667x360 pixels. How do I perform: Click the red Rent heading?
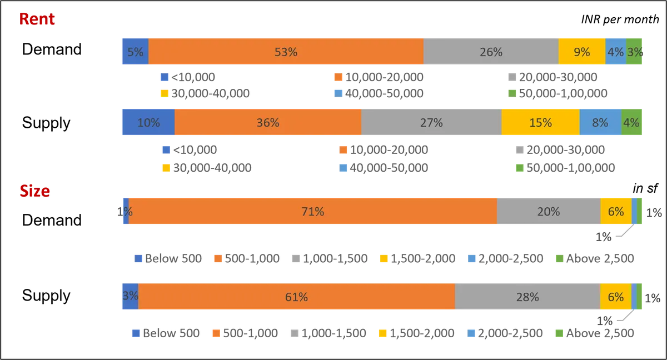click(37, 19)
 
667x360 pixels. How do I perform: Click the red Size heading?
click(34, 192)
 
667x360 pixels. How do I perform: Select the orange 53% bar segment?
click(286, 52)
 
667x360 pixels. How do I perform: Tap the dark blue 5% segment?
click(135, 52)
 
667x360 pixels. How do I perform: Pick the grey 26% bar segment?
click(491, 52)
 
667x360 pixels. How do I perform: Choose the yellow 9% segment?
click(581, 52)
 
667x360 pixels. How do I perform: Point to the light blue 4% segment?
click(615, 52)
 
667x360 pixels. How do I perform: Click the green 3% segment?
click(635, 52)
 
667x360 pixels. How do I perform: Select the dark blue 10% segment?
click(147, 122)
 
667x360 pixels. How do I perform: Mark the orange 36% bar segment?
click(267, 122)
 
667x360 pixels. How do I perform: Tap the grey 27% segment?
click(431, 122)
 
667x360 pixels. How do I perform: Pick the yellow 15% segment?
click(540, 122)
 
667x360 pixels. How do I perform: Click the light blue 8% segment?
click(600, 122)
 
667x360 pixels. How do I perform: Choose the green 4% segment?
click(633, 122)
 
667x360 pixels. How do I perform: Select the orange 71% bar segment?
click(312, 211)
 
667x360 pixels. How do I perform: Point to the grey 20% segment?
click(549, 211)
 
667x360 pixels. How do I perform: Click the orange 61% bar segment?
click(296, 297)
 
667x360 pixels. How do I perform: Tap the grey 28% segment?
click(527, 297)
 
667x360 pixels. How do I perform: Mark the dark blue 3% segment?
click(130, 296)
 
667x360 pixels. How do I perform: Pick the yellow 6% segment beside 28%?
click(616, 297)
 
